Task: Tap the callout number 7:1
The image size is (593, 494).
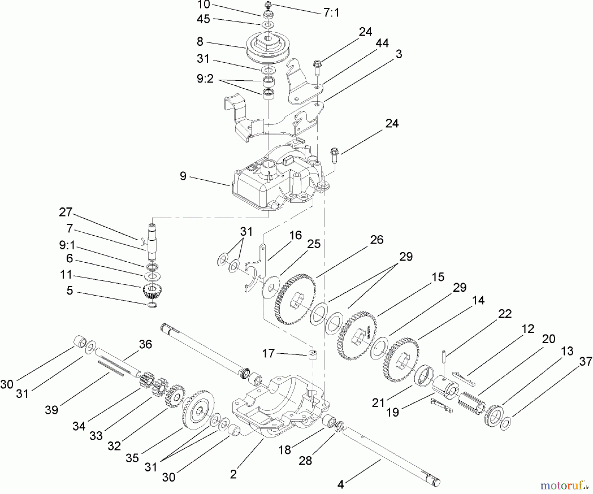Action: [x=331, y=13]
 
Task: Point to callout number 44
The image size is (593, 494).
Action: [x=382, y=43]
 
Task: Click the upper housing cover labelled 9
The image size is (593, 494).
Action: [x=277, y=178]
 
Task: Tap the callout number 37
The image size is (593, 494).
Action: [x=585, y=362]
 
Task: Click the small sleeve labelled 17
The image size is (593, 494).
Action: [x=313, y=356]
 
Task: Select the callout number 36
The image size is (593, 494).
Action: [x=145, y=344]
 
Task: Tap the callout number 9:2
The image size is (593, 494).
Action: [x=205, y=79]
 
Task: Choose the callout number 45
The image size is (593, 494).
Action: [x=203, y=19]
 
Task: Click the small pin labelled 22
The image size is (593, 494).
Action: [x=443, y=358]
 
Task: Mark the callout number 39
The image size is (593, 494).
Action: [x=51, y=410]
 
